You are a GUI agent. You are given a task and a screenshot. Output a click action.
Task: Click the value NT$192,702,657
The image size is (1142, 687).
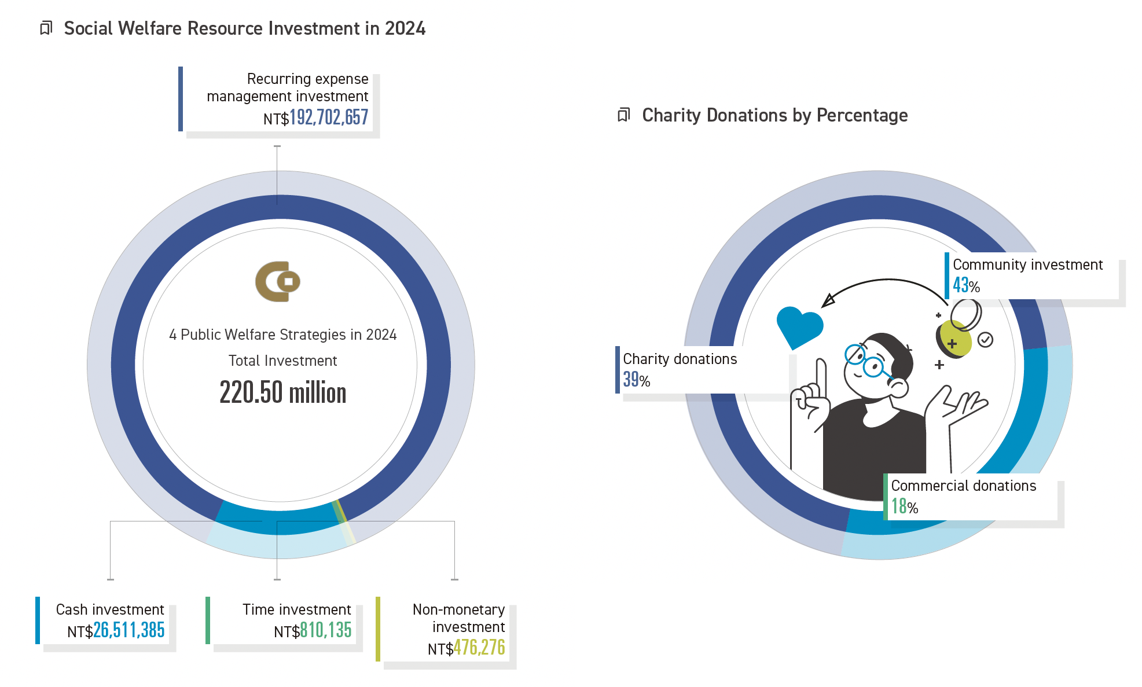point(315,117)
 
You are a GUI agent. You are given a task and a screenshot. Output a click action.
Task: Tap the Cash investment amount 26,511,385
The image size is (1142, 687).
point(129,630)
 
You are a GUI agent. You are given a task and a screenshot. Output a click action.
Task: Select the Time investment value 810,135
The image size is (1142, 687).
point(326,630)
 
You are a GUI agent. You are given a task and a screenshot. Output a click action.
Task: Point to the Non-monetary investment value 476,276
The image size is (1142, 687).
point(479,647)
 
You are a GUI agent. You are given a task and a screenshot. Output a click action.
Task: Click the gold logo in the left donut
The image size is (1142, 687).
point(278,281)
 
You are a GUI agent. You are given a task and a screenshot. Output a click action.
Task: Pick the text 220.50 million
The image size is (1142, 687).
point(283,392)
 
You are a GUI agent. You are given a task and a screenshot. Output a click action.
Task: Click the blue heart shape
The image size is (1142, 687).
point(799,327)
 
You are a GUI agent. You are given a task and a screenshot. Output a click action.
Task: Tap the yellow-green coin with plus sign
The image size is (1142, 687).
point(954,340)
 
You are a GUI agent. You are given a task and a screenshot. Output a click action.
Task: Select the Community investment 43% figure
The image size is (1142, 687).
point(967,285)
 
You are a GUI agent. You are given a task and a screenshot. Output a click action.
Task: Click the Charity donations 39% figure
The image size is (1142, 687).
point(637,380)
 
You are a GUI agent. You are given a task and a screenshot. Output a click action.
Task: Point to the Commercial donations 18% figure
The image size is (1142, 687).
point(905,506)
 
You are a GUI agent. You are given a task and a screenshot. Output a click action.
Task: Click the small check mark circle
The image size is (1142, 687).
point(985,340)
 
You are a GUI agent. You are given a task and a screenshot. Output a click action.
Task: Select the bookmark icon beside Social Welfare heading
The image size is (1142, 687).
point(46,28)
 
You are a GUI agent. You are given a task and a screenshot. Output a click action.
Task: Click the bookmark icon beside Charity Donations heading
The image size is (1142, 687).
point(623,115)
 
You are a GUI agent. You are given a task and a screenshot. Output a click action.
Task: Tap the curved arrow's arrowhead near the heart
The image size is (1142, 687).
point(828,300)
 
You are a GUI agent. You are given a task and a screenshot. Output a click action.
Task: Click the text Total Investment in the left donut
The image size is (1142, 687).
point(282,361)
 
